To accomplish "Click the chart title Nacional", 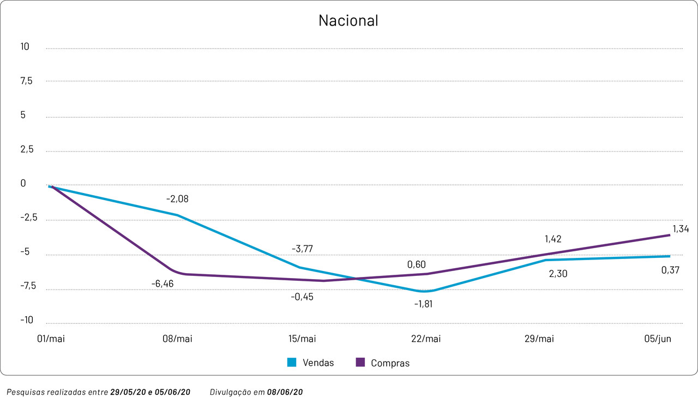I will pyautogui.click(x=348, y=21).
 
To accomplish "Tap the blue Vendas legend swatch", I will pyautogui.click(x=292, y=363).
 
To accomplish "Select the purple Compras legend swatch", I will pyautogui.click(x=360, y=363).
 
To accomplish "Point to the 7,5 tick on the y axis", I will pyautogui.click(x=26, y=81).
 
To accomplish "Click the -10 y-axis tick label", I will pyautogui.click(x=27, y=320).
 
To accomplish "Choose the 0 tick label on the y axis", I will pyautogui.click(x=23, y=184).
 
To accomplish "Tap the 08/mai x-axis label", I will pyautogui.click(x=177, y=339).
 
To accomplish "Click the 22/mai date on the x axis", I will pyautogui.click(x=425, y=339).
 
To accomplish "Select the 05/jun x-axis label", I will pyautogui.click(x=658, y=339).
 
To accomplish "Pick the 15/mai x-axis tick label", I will pyautogui.click(x=302, y=339).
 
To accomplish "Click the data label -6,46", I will pyautogui.click(x=163, y=284).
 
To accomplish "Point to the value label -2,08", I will pyautogui.click(x=177, y=200).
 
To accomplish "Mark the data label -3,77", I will pyautogui.click(x=302, y=249).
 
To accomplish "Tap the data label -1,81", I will pyautogui.click(x=423, y=304).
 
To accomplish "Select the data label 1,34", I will pyautogui.click(x=680, y=230).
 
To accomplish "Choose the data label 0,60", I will pyautogui.click(x=416, y=264).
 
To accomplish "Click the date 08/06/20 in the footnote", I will pyautogui.click(x=285, y=392).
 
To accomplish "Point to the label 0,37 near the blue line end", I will pyautogui.click(x=670, y=270).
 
